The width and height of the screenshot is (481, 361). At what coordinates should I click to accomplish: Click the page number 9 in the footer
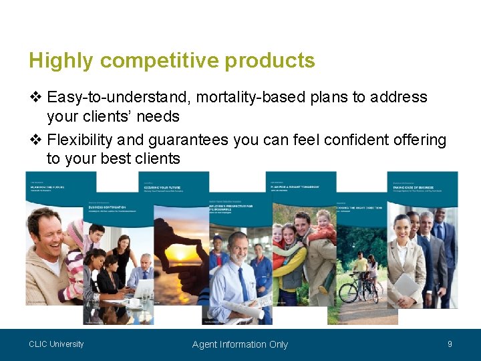(450, 344)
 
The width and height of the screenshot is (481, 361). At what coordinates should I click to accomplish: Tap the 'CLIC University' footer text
(56, 344)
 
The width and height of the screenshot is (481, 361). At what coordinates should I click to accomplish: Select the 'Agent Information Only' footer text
(240, 344)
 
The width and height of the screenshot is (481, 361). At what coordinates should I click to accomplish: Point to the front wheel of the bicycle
(349, 292)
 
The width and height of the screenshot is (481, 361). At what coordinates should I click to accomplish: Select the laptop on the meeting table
(143, 289)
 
